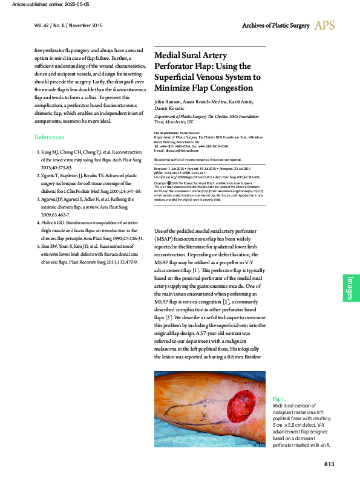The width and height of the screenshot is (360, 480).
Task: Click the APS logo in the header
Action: point(324,25)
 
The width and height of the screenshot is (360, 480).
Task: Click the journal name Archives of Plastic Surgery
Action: point(275,26)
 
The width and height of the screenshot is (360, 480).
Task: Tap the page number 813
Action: point(329,464)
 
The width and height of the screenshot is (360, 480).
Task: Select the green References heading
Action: point(49,137)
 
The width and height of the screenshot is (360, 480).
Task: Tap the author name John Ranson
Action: point(168,100)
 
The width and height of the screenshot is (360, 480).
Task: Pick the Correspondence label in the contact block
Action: point(170,132)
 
